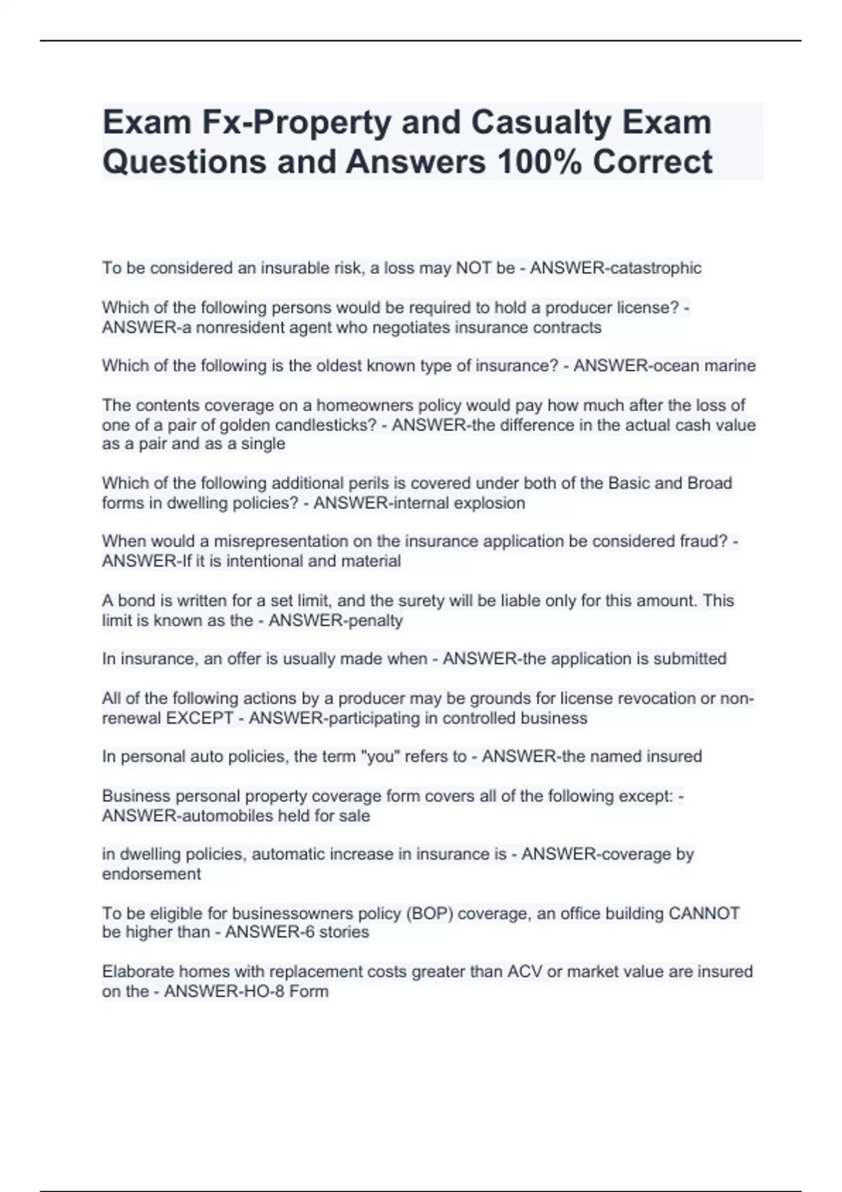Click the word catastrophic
point(655,269)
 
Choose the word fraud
point(704,541)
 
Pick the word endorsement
point(152,874)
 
